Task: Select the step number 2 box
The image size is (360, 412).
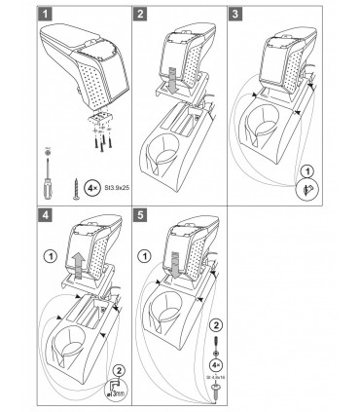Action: pyautogui.click(x=143, y=15)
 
